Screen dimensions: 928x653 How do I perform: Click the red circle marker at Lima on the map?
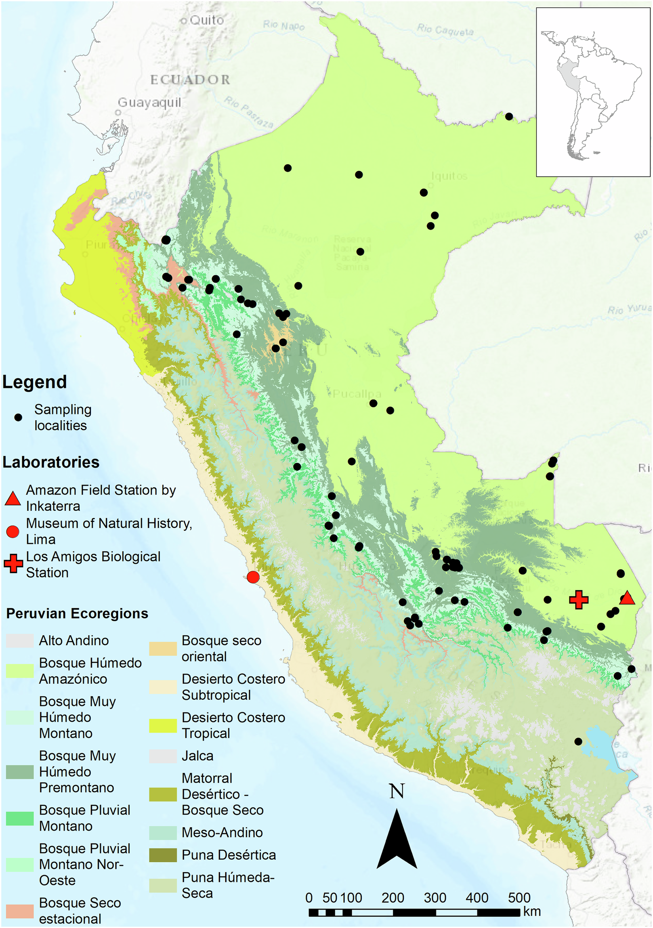[x=253, y=577]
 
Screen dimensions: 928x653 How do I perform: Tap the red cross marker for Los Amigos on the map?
[x=579, y=599]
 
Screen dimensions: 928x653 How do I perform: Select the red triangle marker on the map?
[x=627, y=598]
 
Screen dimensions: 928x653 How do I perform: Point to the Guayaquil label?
[x=149, y=103]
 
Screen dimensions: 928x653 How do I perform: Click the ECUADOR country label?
[x=190, y=80]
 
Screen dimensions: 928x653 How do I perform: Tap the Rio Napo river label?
[x=283, y=25]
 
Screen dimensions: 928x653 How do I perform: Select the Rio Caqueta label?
[x=445, y=29]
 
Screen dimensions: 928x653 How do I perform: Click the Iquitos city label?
[x=449, y=176]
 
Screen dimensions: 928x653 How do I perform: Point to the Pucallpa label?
[x=357, y=394]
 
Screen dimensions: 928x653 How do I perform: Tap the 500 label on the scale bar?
[x=519, y=898]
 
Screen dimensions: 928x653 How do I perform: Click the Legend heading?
[x=35, y=382]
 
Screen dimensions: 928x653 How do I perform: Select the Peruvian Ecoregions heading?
[x=77, y=613]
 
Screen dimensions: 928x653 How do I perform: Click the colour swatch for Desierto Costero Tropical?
[x=163, y=726]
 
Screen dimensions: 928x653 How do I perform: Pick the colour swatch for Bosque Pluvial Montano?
[x=20, y=819]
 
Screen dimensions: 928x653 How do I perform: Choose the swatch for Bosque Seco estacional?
[x=20, y=911]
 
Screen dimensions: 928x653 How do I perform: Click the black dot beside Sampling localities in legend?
[x=18, y=418]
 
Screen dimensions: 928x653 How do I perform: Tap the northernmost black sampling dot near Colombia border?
[x=509, y=117]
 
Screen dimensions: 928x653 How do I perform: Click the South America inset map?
[x=593, y=92]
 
